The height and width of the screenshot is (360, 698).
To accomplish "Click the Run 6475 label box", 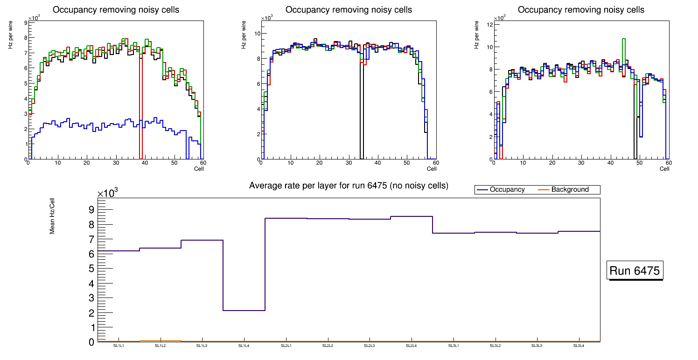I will (635, 271).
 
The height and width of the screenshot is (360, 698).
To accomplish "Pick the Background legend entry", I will (570, 190).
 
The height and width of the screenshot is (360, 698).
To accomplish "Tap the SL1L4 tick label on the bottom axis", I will (244, 346).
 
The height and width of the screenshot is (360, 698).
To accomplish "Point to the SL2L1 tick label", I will (286, 346).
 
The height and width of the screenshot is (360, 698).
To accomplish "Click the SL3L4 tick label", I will (579, 346).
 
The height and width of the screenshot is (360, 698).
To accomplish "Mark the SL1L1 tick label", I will (119, 346).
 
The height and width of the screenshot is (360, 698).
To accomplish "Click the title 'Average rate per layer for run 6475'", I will (349, 186).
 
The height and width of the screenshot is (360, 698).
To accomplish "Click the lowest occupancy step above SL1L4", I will (244, 311).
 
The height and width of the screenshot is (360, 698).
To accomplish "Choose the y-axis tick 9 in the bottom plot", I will (91, 210).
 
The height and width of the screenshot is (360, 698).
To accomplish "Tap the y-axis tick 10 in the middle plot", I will (256, 34).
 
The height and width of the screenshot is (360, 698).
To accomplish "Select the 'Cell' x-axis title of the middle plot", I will (432, 169).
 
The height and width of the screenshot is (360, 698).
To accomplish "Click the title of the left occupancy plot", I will (116, 10).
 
